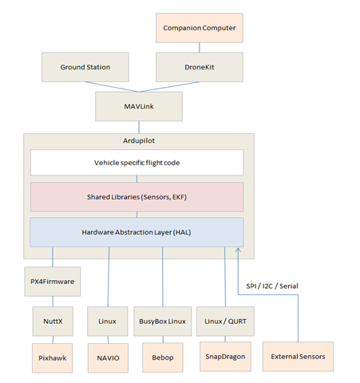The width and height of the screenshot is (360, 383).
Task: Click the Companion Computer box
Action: click(x=199, y=30)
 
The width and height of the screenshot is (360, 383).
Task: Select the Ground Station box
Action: click(x=85, y=67)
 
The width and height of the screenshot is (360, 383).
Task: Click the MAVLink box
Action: click(x=138, y=105)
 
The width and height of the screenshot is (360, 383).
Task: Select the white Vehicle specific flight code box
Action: click(x=136, y=163)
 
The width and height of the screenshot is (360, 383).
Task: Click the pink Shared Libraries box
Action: click(x=136, y=197)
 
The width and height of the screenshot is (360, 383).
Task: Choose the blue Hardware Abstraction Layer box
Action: click(x=136, y=231)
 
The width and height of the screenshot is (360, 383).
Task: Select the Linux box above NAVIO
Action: click(x=106, y=321)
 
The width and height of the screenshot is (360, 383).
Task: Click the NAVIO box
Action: click(x=106, y=357)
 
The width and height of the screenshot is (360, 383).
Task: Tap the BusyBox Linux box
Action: click(x=163, y=321)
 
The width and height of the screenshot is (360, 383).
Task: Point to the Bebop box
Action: click(x=163, y=357)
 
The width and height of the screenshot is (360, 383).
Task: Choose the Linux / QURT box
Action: click(x=224, y=321)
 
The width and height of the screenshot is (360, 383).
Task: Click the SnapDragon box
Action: click(x=224, y=357)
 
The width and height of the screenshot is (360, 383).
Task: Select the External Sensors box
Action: click(x=299, y=356)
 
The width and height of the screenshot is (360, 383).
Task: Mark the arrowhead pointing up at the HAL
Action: click(x=237, y=251)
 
